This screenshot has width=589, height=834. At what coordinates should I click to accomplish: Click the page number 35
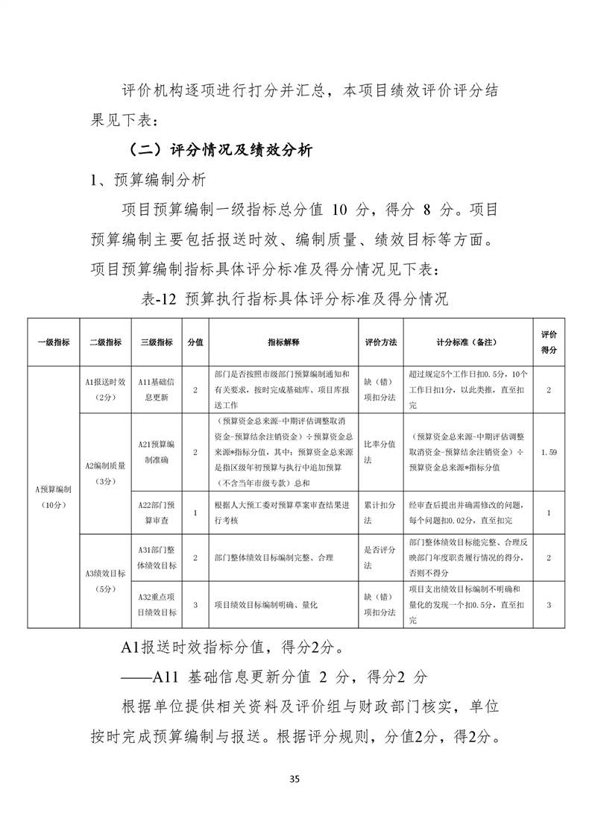tap(294, 780)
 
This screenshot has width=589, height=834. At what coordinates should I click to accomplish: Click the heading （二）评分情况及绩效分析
tap(220, 149)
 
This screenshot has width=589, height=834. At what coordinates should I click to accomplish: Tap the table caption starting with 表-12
tap(294, 300)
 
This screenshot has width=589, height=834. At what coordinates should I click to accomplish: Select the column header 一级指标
tap(54, 342)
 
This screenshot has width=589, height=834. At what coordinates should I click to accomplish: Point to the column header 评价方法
tap(380, 342)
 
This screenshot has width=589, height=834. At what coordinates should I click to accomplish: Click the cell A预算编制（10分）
tap(54, 497)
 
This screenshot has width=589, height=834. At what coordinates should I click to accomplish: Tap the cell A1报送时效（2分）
tap(105, 390)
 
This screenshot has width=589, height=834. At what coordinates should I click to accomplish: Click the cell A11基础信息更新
tap(157, 390)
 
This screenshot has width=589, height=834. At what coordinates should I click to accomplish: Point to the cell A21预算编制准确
tap(157, 452)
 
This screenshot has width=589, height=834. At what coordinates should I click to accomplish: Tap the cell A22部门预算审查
tap(157, 513)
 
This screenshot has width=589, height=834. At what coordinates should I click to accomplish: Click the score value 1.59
tap(549, 452)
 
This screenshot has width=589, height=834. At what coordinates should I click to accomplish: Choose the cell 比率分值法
tap(380, 452)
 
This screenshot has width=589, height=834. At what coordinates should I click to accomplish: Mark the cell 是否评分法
tap(380, 558)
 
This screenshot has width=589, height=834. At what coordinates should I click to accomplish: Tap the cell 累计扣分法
tap(380, 513)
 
